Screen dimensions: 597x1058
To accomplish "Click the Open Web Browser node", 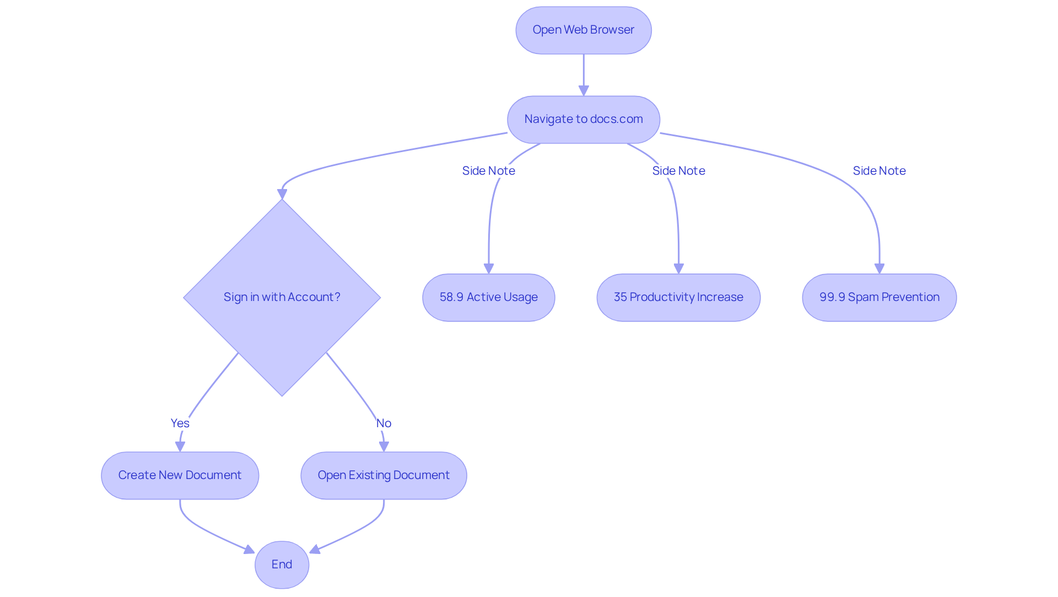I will tap(583, 30).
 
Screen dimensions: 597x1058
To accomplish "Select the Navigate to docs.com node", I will tap(583, 120).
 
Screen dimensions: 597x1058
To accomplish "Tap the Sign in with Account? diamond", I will tap(282, 297).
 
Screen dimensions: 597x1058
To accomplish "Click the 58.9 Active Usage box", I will tap(488, 298).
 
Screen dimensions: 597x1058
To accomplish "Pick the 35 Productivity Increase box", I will tap(678, 298).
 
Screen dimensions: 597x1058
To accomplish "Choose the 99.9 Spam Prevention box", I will tap(879, 298).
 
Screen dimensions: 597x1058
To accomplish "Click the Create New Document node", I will tap(180, 475).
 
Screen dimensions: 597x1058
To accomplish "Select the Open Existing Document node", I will tap(384, 475).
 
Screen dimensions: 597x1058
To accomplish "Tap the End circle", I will tap(282, 564).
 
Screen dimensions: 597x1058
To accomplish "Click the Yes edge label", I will tap(180, 423).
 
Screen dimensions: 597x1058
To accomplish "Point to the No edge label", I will tap(384, 423).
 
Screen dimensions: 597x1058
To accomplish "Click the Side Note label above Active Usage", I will tap(488, 171).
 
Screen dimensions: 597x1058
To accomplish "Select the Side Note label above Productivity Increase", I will tap(678, 171).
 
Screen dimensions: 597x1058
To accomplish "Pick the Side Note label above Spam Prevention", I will tap(879, 171).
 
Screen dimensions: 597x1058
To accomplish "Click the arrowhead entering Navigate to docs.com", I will tap(584, 91).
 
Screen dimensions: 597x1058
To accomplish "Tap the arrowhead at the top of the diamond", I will tap(282, 194).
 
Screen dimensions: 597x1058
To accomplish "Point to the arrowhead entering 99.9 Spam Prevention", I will tap(879, 268).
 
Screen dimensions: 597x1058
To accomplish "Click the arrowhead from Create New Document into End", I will tap(249, 550).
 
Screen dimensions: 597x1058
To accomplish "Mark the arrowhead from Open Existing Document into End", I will tap(315, 550).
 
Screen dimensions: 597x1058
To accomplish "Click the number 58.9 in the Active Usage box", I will tap(451, 298).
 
